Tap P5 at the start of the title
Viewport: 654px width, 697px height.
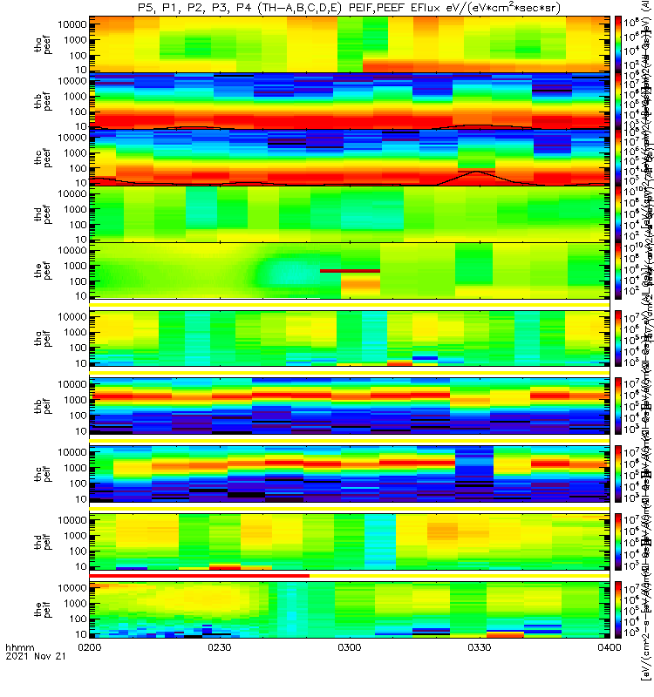coord(146,7)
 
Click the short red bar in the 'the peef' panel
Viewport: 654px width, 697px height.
coord(350,271)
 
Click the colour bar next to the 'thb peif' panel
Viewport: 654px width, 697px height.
coord(618,407)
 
